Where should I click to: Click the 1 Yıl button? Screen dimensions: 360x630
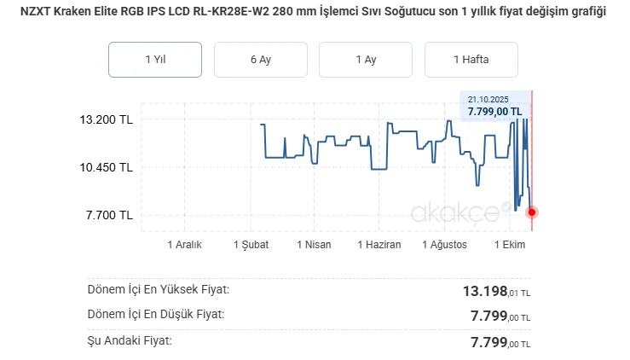tap(154, 60)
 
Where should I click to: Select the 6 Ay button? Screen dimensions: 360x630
tap(260, 60)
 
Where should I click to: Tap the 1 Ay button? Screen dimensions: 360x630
tap(366, 60)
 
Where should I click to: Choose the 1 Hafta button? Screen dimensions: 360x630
tap(471, 60)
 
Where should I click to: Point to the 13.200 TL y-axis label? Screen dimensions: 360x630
tap(106, 119)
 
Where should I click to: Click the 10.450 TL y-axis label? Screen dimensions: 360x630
tap(106, 167)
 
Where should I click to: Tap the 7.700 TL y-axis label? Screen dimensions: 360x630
tap(109, 215)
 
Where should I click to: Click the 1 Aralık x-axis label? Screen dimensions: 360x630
tap(183, 245)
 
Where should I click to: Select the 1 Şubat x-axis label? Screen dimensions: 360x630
tap(251, 245)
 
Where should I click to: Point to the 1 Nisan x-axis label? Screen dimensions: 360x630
tap(314, 245)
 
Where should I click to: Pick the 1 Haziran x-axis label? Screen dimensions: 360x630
tap(378, 245)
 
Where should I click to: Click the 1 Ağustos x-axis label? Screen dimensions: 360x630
tap(444, 245)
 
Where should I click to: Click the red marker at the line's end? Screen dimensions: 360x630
tap(532, 212)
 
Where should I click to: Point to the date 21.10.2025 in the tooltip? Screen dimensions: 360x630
tap(488, 99)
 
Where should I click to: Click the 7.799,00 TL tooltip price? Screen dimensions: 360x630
tap(495, 111)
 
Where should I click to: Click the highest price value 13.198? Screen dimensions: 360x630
tap(486, 292)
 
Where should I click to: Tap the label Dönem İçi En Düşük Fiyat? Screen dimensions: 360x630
tap(156, 315)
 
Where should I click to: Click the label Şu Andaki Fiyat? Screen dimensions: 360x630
tap(130, 340)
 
